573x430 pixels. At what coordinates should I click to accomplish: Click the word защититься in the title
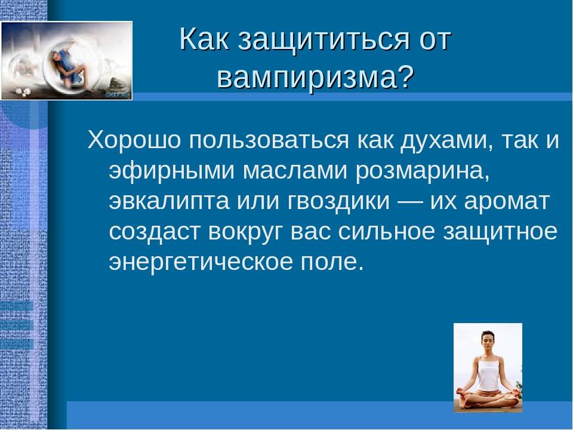(323, 40)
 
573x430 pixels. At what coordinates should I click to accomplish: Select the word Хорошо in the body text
(134, 140)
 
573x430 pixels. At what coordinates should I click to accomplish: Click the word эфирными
(171, 172)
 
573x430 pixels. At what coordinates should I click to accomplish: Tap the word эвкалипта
(169, 202)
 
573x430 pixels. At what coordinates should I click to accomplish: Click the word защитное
(500, 232)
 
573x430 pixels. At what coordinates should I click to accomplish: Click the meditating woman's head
(488, 340)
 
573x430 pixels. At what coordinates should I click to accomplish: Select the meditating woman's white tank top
(488, 372)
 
